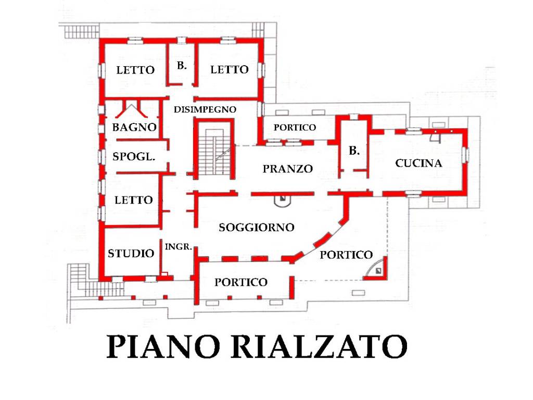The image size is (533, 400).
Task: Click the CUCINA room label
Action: click(418, 164)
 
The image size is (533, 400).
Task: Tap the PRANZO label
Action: click(287, 169)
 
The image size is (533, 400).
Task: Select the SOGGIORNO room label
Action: click(257, 228)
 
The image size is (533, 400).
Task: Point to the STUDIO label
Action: click(131, 254)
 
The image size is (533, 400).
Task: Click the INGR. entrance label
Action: click(179, 247)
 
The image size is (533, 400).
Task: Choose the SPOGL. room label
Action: click(134, 156)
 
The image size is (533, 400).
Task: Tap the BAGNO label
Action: click(134, 127)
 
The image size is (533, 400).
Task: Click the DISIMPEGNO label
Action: click(205, 109)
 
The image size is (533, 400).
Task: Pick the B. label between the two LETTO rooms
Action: click(182, 66)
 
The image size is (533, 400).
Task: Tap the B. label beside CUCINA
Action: click(354, 151)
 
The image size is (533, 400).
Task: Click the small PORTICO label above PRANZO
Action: click(295, 127)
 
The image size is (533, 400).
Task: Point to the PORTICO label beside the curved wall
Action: click(346, 255)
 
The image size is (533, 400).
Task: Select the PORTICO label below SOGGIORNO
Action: click(241, 282)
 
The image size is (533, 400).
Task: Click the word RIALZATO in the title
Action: click(318, 346)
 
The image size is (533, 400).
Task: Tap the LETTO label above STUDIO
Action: click(134, 200)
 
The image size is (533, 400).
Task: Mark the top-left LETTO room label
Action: click(135, 70)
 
